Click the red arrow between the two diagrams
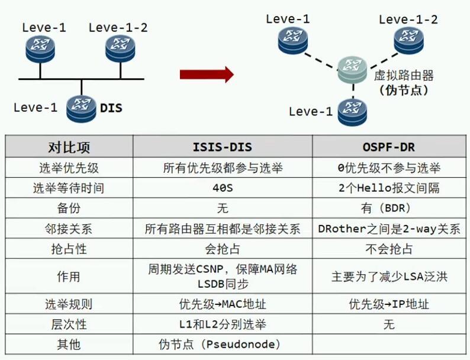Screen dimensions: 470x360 click(x=207, y=74)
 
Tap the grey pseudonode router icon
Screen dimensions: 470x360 click(x=352, y=70)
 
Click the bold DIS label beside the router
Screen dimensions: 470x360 click(x=111, y=108)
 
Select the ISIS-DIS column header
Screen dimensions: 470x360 click(x=223, y=147)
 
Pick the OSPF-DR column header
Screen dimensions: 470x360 click(x=389, y=147)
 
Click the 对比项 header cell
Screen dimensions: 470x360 click(x=69, y=147)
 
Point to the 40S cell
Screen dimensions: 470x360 click(x=223, y=188)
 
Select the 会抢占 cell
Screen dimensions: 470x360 click(x=223, y=249)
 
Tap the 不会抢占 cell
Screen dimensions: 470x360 click(x=389, y=249)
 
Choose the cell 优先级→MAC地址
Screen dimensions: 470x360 click(x=223, y=304)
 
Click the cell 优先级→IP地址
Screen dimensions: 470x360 click(x=389, y=304)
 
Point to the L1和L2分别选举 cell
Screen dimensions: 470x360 click(x=223, y=324)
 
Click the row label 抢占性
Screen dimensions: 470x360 click(x=69, y=249)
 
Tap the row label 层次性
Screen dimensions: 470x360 click(x=69, y=324)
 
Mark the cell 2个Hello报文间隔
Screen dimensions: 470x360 click(x=389, y=188)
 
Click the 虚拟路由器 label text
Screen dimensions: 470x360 click(x=404, y=75)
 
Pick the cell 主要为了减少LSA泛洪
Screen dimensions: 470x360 click(x=389, y=277)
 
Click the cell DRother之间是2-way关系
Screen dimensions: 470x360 click(x=389, y=229)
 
